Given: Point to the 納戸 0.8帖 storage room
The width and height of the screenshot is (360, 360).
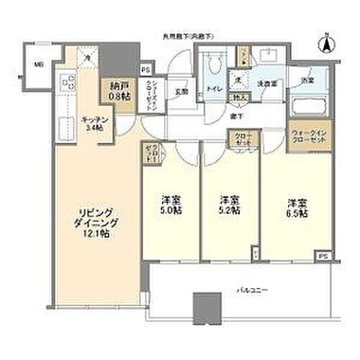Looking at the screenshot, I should click(x=115, y=89).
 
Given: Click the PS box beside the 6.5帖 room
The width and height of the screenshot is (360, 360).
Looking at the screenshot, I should click(x=324, y=256).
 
